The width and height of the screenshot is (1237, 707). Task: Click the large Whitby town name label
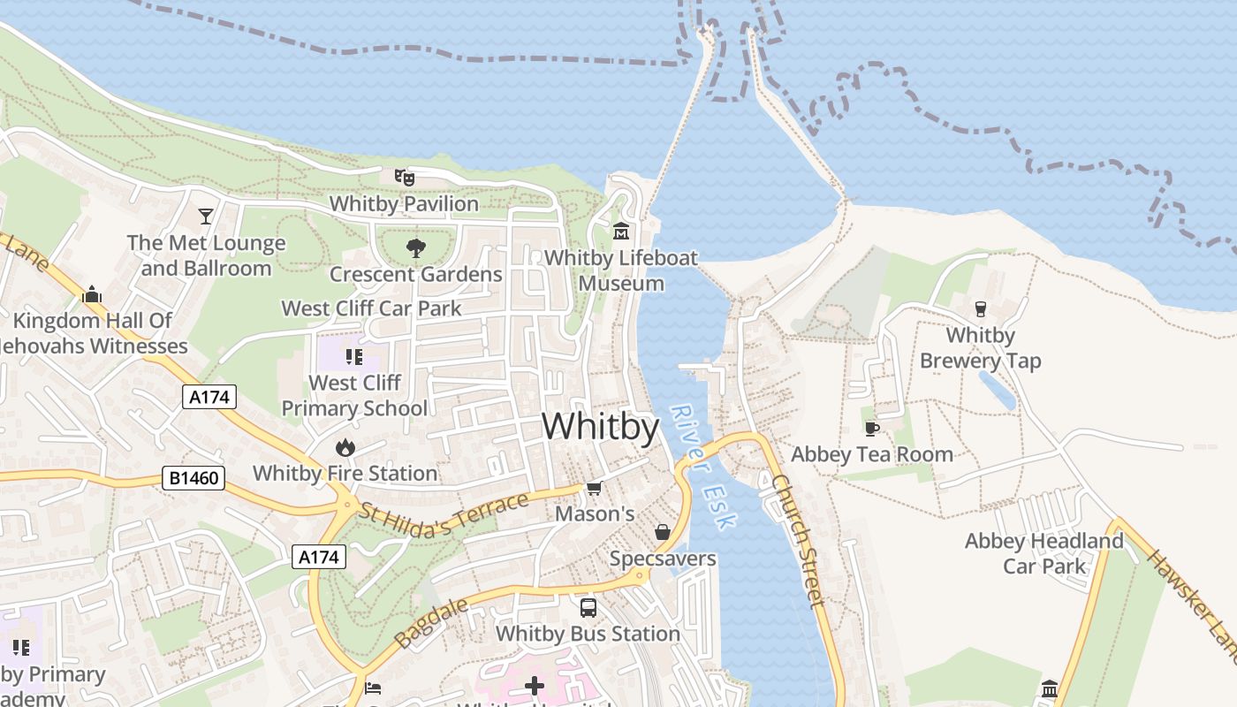pyautogui.click(x=600, y=427)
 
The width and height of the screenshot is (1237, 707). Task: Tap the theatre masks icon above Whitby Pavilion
pyautogui.click(x=405, y=177)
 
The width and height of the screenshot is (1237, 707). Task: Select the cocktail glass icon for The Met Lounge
pyautogui.click(x=206, y=216)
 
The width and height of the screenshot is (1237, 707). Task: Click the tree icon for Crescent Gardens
pyautogui.click(x=415, y=248)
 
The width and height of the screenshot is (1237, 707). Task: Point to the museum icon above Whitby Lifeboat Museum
pyautogui.click(x=621, y=232)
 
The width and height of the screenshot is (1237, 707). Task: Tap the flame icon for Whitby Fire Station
pyautogui.click(x=345, y=447)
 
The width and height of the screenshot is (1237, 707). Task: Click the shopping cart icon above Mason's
pyautogui.click(x=595, y=488)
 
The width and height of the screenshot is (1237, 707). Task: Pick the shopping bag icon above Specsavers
pyautogui.click(x=663, y=532)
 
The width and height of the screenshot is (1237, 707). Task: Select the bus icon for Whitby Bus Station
pyautogui.click(x=588, y=608)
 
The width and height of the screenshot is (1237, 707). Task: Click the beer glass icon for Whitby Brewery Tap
pyautogui.click(x=980, y=308)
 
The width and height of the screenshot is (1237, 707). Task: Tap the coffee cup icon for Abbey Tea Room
pyautogui.click(x=872, y=429)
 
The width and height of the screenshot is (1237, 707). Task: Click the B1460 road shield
pyautogui.click(x=194, y=478)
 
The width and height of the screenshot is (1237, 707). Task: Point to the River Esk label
pyautogui.click(x=702, y=468)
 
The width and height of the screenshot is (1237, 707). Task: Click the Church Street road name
pyautogui.click(x=798, y=540)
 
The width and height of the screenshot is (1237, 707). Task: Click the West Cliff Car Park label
pyautogui.click(x=371, y=308)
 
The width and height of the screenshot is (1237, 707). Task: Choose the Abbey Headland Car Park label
pyautogui.click(x=1043, y=553)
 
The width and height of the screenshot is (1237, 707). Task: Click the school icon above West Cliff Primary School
pyautogui.click(x=354, y=357)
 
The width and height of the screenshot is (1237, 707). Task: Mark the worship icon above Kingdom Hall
pyautogui.click(x=92, y=294)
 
